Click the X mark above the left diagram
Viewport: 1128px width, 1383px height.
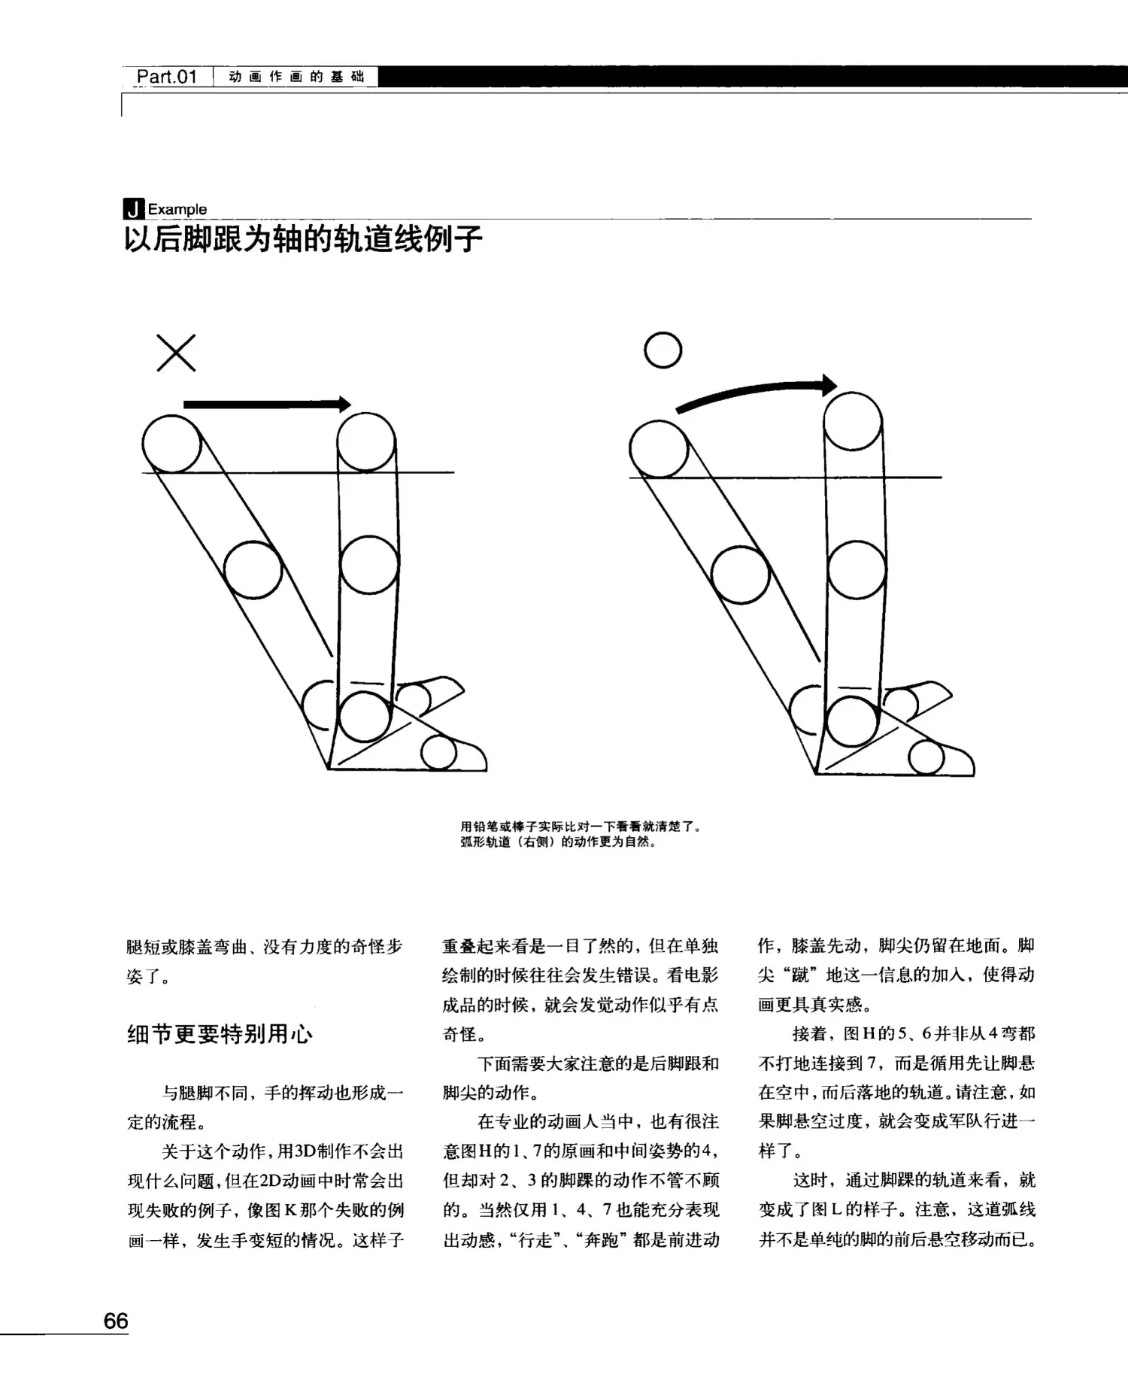click(x=176, y=353)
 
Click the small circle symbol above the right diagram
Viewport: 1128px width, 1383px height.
click(x=663, y=350)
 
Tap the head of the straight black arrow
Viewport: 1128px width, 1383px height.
click(x=344, y=404)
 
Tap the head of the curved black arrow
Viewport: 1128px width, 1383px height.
click(x=829, y=385)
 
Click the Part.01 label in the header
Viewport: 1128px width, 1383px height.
click(x=166, y=77)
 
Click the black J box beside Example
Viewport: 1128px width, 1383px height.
click(x=134, y=209)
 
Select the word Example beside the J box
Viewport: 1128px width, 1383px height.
click(x=177, y=209)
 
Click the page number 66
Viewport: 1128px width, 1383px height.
click(x=116, y=1321)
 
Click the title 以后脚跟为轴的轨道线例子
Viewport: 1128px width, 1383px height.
click(x=303, y=238)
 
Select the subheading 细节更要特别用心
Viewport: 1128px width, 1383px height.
click(x=220, y=1034)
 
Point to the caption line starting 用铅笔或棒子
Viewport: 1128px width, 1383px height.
click(x=581, y=826)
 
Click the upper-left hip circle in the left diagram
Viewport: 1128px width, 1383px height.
click(x=171, y=444)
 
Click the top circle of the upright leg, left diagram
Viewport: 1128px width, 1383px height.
click(x=366, y=441)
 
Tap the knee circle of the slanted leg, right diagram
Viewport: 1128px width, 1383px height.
click(x=740, y=575)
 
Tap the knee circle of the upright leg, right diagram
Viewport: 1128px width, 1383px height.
click(x=856, y=569)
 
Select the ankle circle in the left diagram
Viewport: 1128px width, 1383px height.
click(x=365, y=716)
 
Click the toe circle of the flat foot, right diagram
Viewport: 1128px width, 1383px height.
click(x=926, y=757)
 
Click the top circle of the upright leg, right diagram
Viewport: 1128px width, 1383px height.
click(x=853, y=420)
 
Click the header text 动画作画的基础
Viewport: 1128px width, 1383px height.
click(x=296, y=77)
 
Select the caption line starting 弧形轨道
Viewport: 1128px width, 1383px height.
click(x=559, y=842)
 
